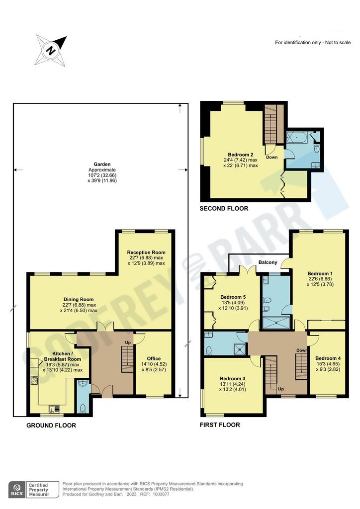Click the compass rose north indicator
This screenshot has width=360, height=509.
click(51, 50)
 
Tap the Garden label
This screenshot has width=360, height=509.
click(102, 164)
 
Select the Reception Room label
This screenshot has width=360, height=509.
click(146, 252)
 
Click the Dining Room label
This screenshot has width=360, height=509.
click(79, 299)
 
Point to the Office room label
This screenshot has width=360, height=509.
click(154, 358)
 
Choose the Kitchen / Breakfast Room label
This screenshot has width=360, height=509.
click(62, 356)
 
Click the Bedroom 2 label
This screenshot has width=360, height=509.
click(241, 155)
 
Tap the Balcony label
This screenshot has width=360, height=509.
click(268, 262)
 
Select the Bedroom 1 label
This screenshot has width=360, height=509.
click(320, 274)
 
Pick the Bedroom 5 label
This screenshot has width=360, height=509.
click(233, 297)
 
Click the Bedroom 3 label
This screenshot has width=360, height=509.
click(232, 378)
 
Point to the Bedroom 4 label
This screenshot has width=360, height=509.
click(328, 358)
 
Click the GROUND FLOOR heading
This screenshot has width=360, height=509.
click(51, 425)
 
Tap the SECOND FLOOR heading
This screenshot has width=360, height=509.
click(224, 208)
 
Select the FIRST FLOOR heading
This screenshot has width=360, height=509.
click(220, 424)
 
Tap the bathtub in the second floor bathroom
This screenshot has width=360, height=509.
click(295, 138)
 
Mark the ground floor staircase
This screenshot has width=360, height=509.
click(128, 359)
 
